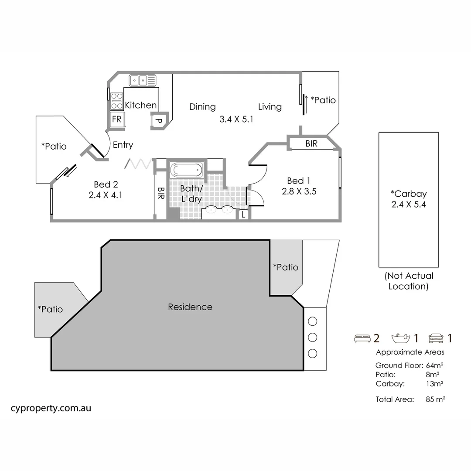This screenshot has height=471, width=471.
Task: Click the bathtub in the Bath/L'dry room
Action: [186, 170]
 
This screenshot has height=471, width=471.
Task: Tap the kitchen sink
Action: [142, 80]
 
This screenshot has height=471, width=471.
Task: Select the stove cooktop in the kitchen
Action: [116, 101]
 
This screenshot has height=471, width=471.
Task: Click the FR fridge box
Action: [117, 119]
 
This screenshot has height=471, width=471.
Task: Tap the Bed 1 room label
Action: [299, 181]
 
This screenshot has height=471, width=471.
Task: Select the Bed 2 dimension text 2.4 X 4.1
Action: [105, 195]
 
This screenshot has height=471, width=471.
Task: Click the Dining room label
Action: [202, 106]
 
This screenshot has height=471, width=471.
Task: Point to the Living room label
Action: [270, 106]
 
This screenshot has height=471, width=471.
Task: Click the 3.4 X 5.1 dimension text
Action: [236, 118]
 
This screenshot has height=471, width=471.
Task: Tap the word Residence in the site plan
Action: [190, 307]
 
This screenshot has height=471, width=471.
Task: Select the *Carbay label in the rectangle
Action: [408, 194]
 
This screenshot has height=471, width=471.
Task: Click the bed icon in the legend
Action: [362, 338]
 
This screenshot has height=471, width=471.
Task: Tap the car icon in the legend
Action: [436, 338]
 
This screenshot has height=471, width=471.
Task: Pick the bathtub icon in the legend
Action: [401, 338]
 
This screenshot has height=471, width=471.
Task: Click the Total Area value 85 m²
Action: [435, 399]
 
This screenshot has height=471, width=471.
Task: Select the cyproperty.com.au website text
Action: [51, 408]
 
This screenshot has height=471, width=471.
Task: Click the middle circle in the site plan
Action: [312, 337]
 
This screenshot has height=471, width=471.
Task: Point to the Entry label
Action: [123, 145]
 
